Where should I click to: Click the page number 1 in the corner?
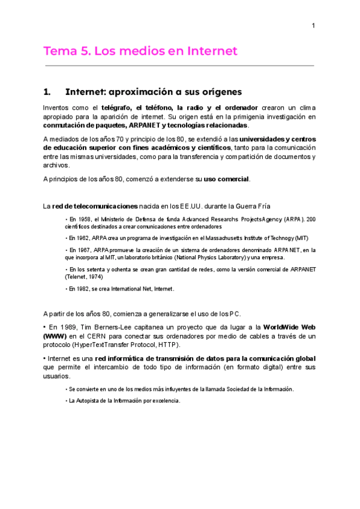click(x=313, y=25)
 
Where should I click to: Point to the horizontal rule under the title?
click(x=179, y=65)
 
